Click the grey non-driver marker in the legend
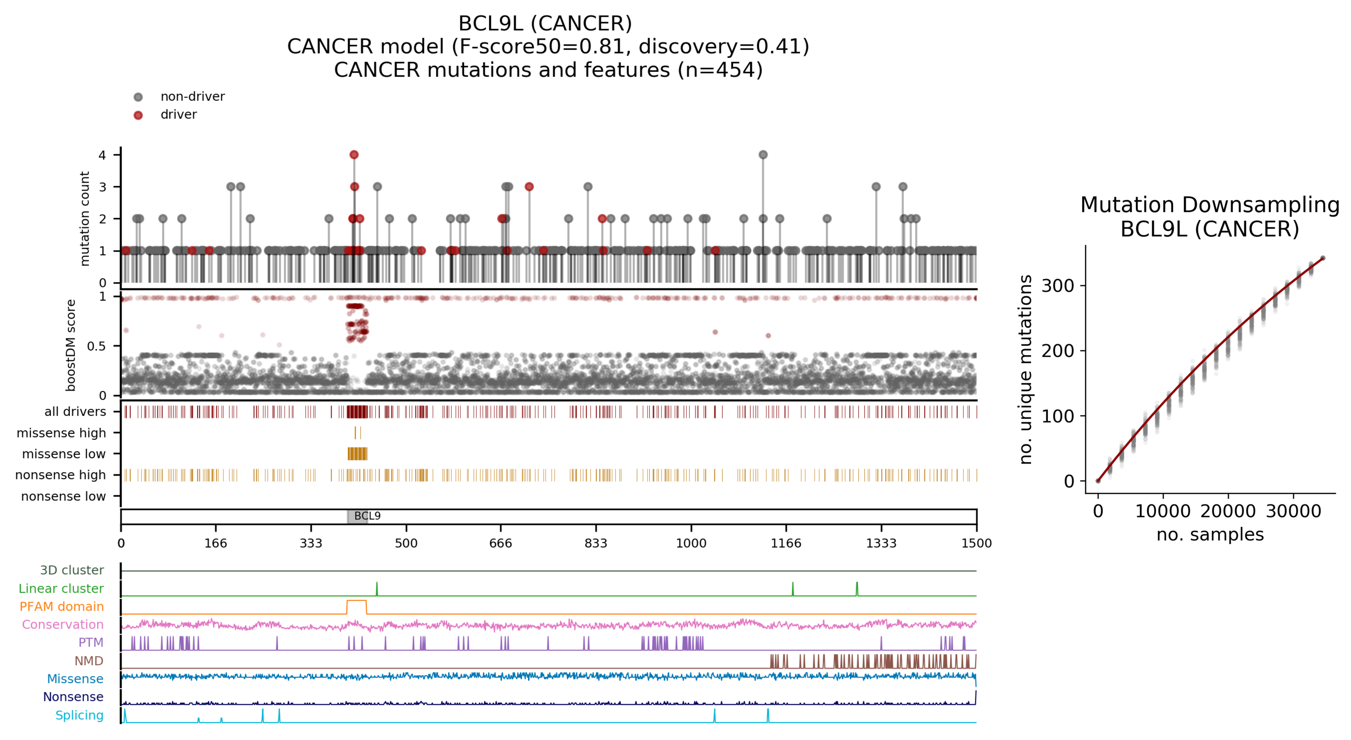(138, 97)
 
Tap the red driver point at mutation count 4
(354, 155)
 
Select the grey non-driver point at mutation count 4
(763, 155)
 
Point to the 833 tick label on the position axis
(596, 543)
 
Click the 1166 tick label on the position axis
(786, 543)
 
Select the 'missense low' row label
(63, 454)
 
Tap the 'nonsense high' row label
(60, 475)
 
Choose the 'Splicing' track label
(79, 715)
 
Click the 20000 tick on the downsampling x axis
(1228, 511)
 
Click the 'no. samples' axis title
(1210, 534)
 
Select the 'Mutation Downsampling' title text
(1210, 205)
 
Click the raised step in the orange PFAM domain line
(357, 601)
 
